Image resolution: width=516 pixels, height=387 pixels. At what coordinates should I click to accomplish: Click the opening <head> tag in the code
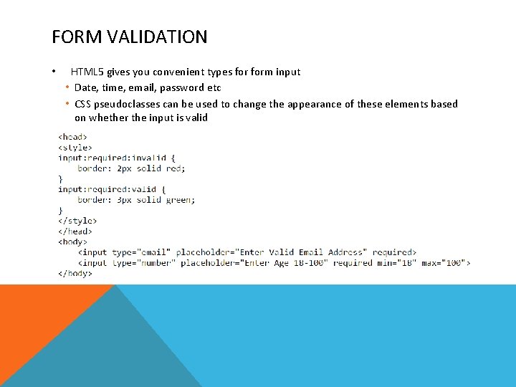72,136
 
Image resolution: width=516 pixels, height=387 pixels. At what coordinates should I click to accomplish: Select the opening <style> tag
75,147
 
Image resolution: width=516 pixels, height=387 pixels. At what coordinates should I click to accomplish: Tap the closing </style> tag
77,221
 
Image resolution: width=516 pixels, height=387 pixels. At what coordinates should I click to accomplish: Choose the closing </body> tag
75,273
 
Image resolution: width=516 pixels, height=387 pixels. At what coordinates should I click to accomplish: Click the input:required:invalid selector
112,158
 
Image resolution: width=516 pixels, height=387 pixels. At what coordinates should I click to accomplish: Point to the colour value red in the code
174,168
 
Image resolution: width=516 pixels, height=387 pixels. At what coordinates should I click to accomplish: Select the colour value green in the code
179,200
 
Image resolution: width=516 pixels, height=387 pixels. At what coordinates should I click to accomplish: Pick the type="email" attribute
141,252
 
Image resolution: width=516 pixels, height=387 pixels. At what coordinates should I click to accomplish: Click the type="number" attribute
143,263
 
